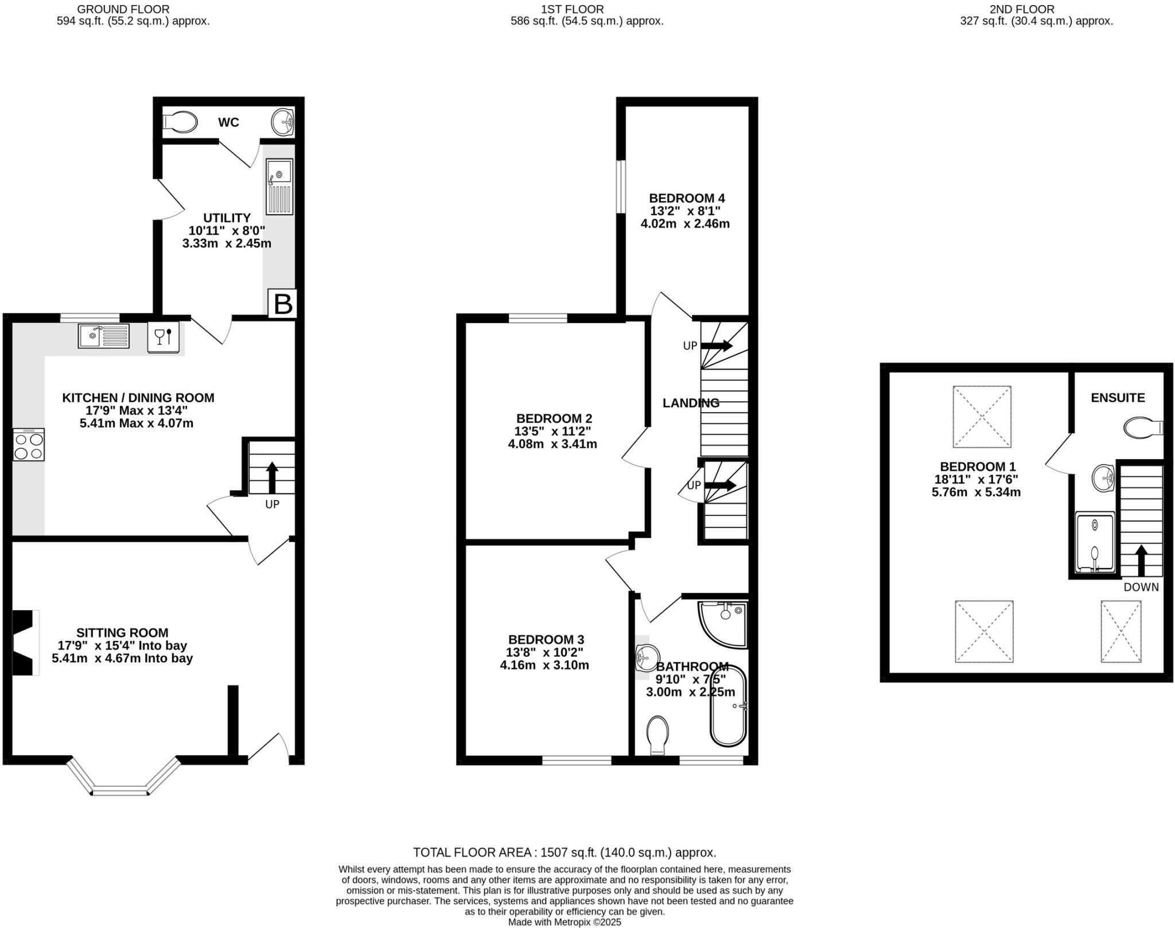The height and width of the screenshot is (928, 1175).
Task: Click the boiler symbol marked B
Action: pyautogui.click(x=283, y=304)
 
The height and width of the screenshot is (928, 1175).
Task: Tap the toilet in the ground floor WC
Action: pyautogui.click(x=180, y=122)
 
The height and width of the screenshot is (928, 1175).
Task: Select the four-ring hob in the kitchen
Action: pyautogui.click(x=29, y=445)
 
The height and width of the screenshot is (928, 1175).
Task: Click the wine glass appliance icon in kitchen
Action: pyautogui.click(x=164, y=336)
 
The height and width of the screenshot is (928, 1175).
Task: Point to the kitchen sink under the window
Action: pyautogui.click(x=104, y=336)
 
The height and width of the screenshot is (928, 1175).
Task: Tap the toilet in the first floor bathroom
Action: pyautogui.click(x=657, y=735)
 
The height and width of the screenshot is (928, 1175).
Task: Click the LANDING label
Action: pyautogui.click(x=691, y=403)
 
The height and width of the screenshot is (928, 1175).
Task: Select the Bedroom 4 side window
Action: pyautogui.click(x=621, y=187)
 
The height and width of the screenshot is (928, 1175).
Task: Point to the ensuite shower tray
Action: pyautogui.click(x=1095, y=542)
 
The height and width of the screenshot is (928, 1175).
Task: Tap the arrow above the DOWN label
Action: pyautogui.click(x=1141, y=560)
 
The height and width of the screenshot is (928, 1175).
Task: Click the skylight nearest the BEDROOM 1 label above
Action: pyautogui.click(x=982, y=417)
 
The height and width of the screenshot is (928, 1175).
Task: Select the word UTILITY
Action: pyautogui.click(x=227, y=218)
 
